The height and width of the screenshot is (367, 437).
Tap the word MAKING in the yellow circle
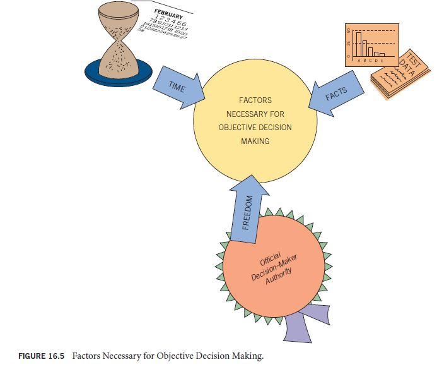pos(255,141)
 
